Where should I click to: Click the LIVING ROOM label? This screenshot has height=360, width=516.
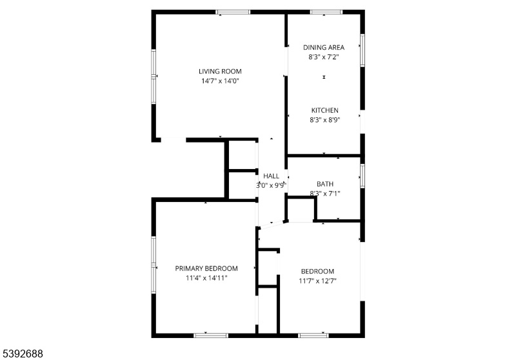pyautogui.click(x=220, y=72)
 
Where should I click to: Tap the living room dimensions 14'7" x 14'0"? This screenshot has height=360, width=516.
pyautogui.click(x=220, y=81)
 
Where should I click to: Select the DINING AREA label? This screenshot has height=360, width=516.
pyautogui.click(x=324, y=47)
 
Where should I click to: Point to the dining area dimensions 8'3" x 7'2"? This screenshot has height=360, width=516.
pyautogui.click(x=324, y=57)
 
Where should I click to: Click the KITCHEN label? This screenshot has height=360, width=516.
pyautogui.click(x=325, y=110)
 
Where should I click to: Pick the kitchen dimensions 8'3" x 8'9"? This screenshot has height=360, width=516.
pyautogui.click(x=325, y=120)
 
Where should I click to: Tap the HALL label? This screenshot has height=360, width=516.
pyautogui.click(x=271, y=176)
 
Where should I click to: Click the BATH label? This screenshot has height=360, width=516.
pyautogui.click(x=325, y=184)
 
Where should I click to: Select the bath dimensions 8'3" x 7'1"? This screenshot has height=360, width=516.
pyautogui.click(x=325, y=194)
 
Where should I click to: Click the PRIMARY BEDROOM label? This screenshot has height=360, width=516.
pyautogui.click(x=206, y=268)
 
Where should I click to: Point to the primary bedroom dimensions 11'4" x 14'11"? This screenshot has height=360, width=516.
pyautogui.click(x=206, y=278)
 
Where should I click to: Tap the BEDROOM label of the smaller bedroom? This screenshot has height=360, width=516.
pyautogui.click(x=317, y=272)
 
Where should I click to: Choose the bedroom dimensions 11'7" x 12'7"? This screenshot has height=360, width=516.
pyautogui.click(x=317, y=281)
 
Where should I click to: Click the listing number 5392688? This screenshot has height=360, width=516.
pyautogui.click(x=23, y=354)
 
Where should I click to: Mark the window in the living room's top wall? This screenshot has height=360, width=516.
pyautogui.click(x=233, y=12)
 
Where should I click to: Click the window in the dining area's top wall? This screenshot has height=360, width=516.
pyautogui.click(x=326, y=12)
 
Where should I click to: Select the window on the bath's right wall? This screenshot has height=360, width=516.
pyautogui.click(x=362, y=175)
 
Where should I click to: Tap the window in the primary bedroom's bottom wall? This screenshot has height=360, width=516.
pyautogui.click(x=211, y=335)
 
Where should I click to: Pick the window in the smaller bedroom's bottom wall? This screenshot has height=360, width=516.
pyautogui.click(x=313, y=335)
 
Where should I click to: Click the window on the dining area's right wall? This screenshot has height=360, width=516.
pyautogui.click(x=362, y=50)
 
